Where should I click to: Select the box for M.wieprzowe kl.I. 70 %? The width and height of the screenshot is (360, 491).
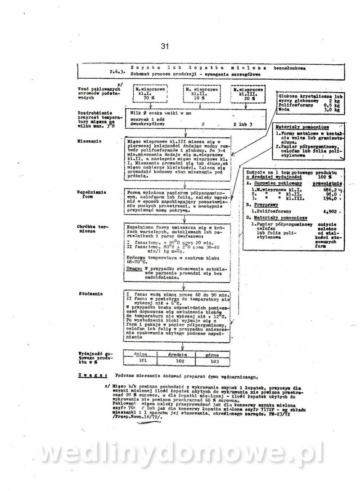click(x=146, y=94)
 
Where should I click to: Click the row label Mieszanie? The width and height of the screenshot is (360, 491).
click(x=89, y=141)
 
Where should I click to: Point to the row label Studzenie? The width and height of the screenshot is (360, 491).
click(x=90, y=294)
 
